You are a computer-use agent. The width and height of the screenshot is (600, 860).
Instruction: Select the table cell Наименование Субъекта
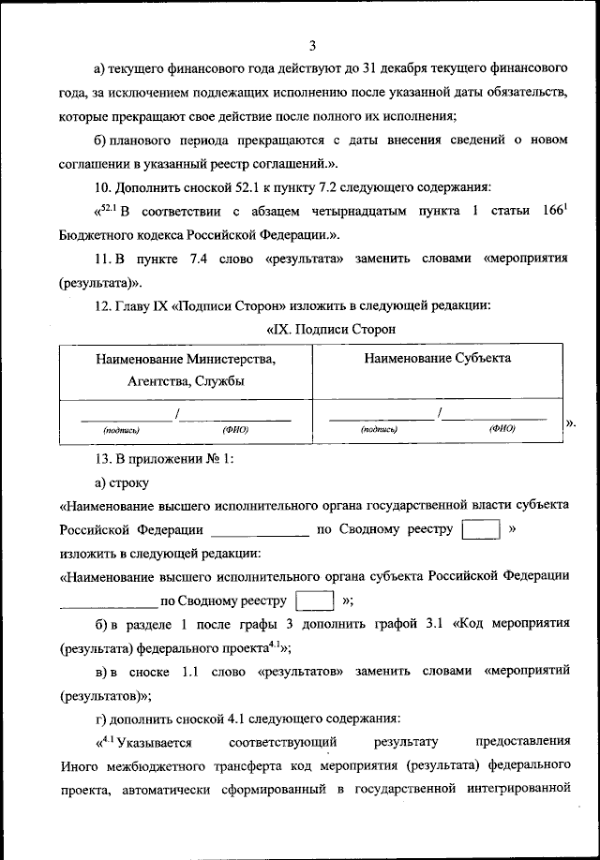click(438, 358)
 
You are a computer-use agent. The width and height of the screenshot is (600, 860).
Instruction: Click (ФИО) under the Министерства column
click(235, 429)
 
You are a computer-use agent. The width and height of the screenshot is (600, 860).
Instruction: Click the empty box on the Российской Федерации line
click(482, 530)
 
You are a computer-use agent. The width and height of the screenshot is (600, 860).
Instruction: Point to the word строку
click(129, 482)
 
